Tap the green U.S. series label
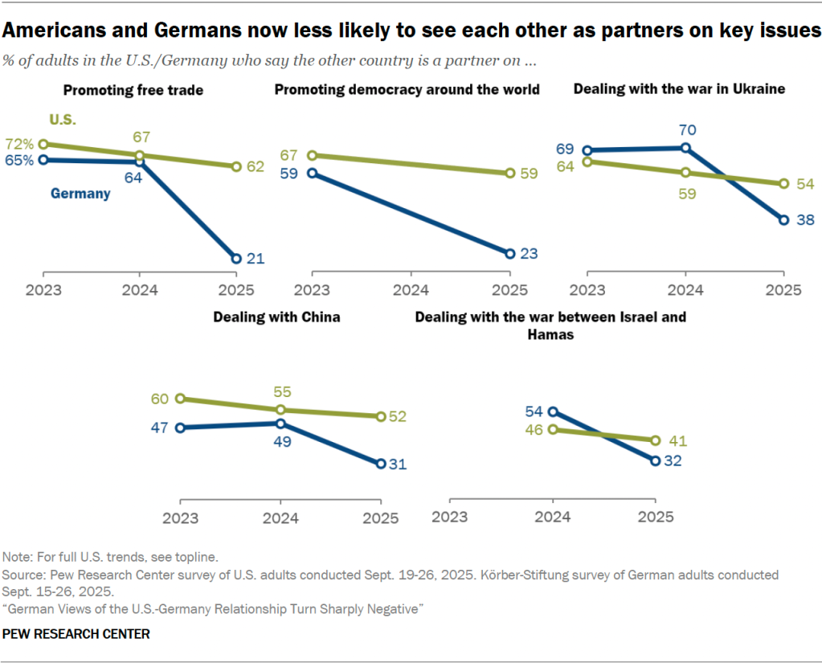pyautogui.click(x=63, y=120)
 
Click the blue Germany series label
pyautogui.click(x=80, y=194)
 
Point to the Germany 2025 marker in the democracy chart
pyautogui.click(x=510, y=253)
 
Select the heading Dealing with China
pyautogui.click(x=276, y=317)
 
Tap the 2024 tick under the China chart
pyautogui.click(x=279, y=518)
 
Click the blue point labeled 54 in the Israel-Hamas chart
pyautogui.click(x=552, y=411)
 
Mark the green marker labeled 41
pyautogui.click(x=656, y=440)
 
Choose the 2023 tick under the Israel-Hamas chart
pyautogui.click(x=450, y=518)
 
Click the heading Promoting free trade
pyautogui.click(x=133, y=90)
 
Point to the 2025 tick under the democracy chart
pyautogui.click(x=509, y=290)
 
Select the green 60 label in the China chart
pyautogui.click(x=161, y=399)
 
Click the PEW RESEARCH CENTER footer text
pyautogui.click(x=76, y=634)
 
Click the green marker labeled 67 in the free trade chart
pyautogui.click(x=139, y=155)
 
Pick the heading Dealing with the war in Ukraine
pyautogui.click(x=679, y=88)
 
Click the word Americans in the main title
pyautogui.click(x=55, y=31)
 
